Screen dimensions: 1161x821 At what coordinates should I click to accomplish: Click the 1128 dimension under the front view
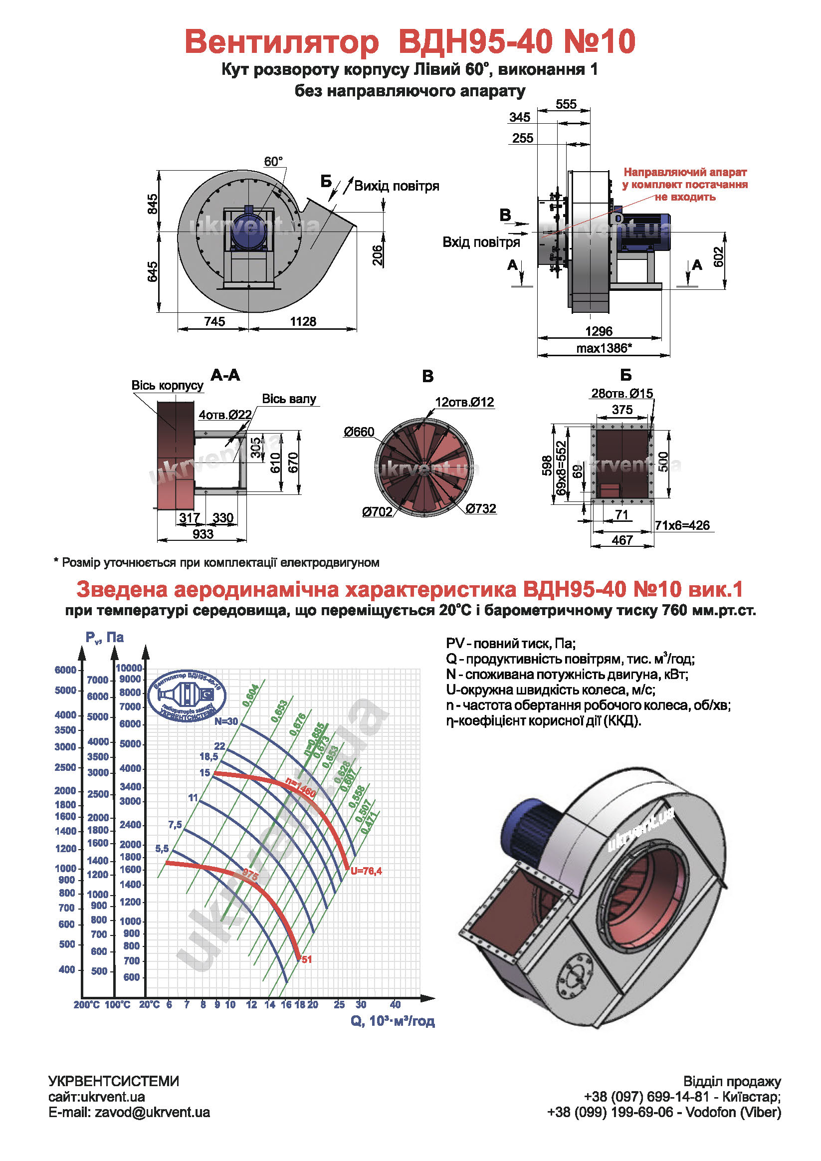303,321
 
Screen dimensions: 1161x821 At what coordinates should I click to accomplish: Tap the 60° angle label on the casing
273,161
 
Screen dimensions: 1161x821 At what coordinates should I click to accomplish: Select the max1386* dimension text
604,348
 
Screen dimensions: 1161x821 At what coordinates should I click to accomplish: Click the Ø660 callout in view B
359,432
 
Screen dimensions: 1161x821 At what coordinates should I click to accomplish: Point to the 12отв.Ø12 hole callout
464,402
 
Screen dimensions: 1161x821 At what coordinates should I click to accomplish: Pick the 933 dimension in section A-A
203,534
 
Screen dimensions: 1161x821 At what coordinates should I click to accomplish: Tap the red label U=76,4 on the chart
366,871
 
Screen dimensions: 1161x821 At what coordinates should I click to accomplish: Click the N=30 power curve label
225,721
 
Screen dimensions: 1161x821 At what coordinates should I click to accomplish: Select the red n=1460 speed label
300,788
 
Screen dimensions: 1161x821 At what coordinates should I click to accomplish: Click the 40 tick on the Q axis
395,1005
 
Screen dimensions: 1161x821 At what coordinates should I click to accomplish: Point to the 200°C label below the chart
86,1005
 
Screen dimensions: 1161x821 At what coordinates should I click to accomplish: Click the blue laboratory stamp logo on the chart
189,696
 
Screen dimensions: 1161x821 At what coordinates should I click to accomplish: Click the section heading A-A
225,375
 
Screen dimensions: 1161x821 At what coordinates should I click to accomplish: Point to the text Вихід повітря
397,186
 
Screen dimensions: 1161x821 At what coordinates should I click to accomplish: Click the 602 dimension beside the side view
718,256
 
